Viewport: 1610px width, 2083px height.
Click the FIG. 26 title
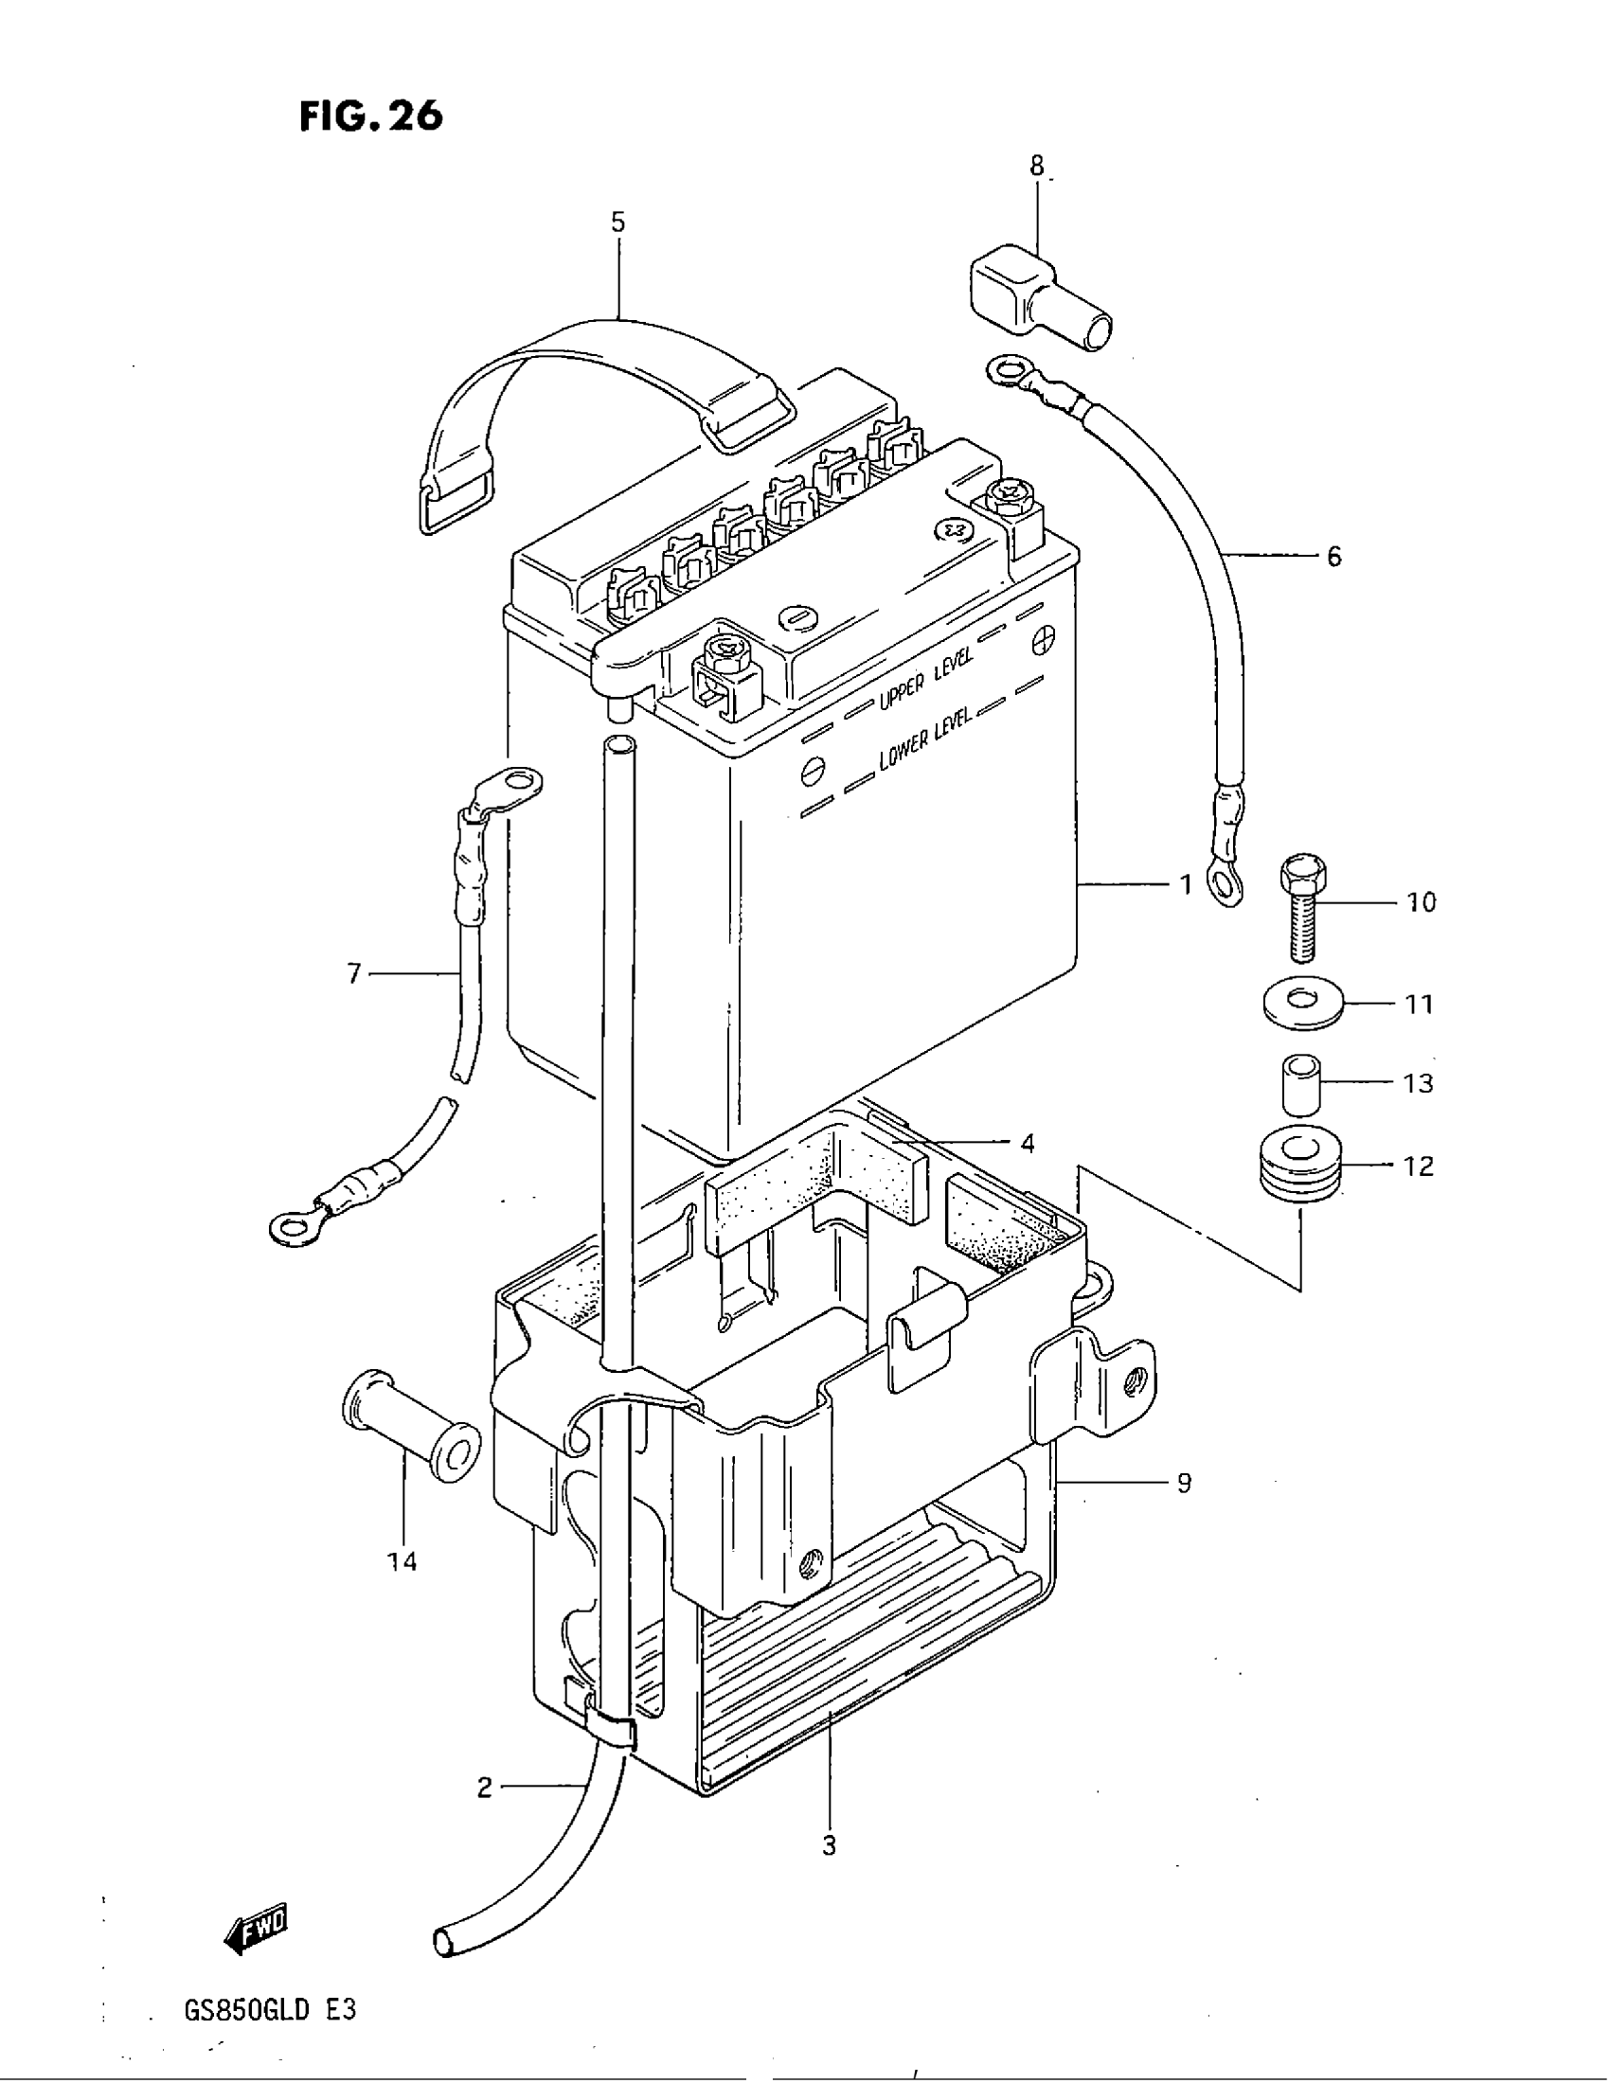pos(371,116)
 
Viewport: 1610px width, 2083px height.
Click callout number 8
pos(1037,166)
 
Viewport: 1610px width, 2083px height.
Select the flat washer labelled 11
pos(1302,1005)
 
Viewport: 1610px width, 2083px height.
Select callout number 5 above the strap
pos(618,223)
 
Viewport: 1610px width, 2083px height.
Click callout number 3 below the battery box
pos(829,1845)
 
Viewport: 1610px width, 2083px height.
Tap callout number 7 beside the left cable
pos(354,973)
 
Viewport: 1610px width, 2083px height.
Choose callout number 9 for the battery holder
pos(1184,1483)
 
